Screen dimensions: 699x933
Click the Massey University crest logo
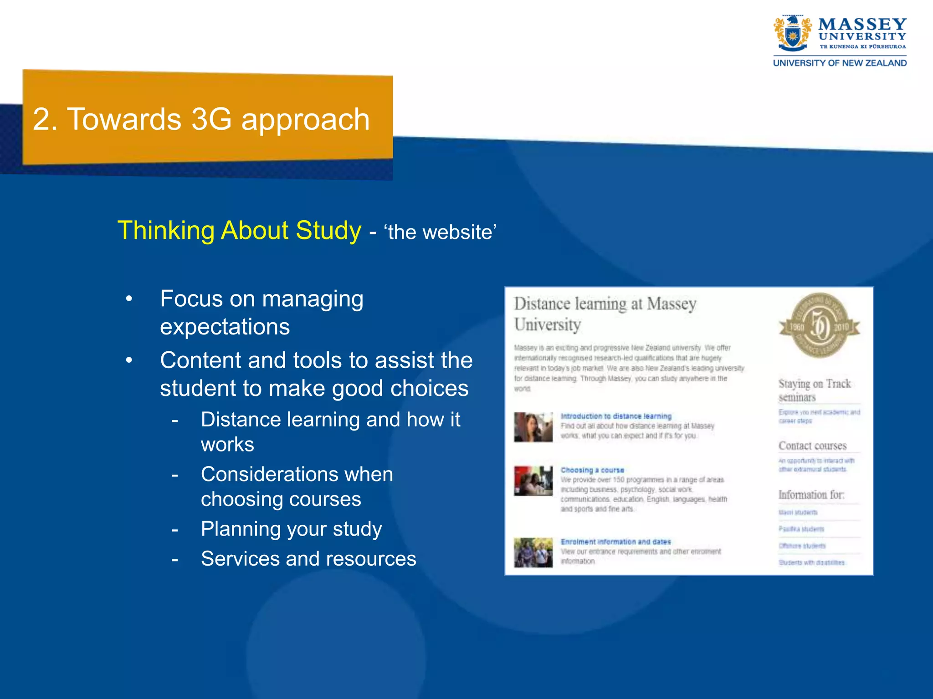(x=792, y=34)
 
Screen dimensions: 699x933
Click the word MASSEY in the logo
(x=862, y=24)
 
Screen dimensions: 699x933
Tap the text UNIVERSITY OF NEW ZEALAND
(x=840, y=63)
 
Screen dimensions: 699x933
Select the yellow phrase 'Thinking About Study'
(x=239, y=230)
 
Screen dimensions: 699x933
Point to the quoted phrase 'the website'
(x=440, y=232)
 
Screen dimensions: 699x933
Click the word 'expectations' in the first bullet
(x=225, y=327)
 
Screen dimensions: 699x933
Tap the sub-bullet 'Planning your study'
(x=291, y=529)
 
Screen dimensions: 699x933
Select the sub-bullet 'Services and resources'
(x=308, y=558)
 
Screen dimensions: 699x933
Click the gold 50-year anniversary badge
(x=819, y=326)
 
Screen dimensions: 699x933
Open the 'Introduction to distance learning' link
(x=616, y=416)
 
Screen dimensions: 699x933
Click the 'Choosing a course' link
(x=592, y=470)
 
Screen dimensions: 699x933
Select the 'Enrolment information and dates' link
(x=615, y=542)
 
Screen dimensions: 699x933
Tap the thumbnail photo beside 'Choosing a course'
(x=533, y=481)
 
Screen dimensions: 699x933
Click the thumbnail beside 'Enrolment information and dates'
(x=533, y=552)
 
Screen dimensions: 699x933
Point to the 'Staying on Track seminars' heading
(x=814, y=390)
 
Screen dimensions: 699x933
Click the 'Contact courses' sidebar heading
(x=812, y=446)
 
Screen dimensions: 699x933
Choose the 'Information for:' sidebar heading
(x=811, y=495)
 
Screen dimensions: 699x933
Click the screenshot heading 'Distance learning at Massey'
(x=605, y=304)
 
